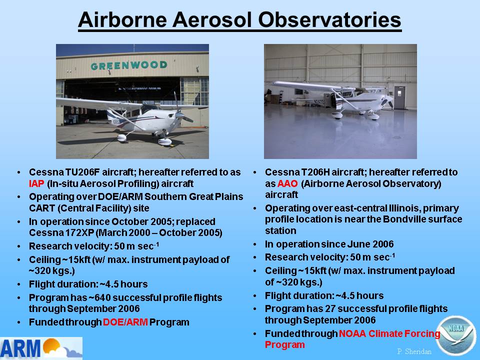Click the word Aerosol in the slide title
click(211, 20)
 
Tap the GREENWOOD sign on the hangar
click(129, 65)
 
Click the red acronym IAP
click(36, 183)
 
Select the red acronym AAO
click(287, 183)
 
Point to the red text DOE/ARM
click(125, 322)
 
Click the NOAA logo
click(456, 335)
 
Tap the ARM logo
click(41, 348)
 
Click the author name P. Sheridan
click(414, 351)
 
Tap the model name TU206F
click(82, 172)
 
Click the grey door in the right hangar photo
click(399, 97)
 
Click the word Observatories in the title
click(329, 20)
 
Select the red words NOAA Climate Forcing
click(389, 333)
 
